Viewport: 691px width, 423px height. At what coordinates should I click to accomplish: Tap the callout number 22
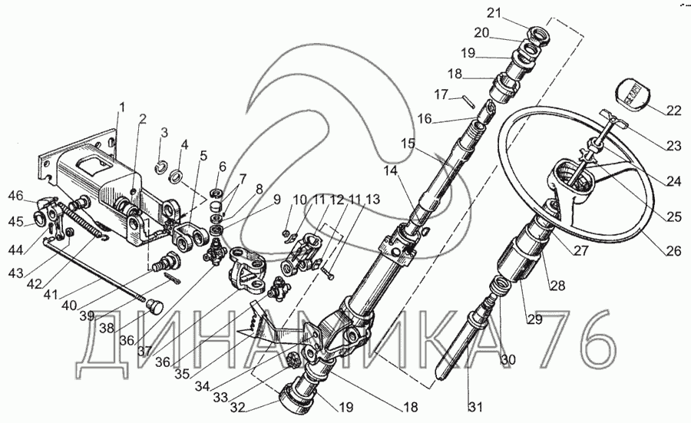673,110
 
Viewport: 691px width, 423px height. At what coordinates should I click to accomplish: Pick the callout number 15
407,144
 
